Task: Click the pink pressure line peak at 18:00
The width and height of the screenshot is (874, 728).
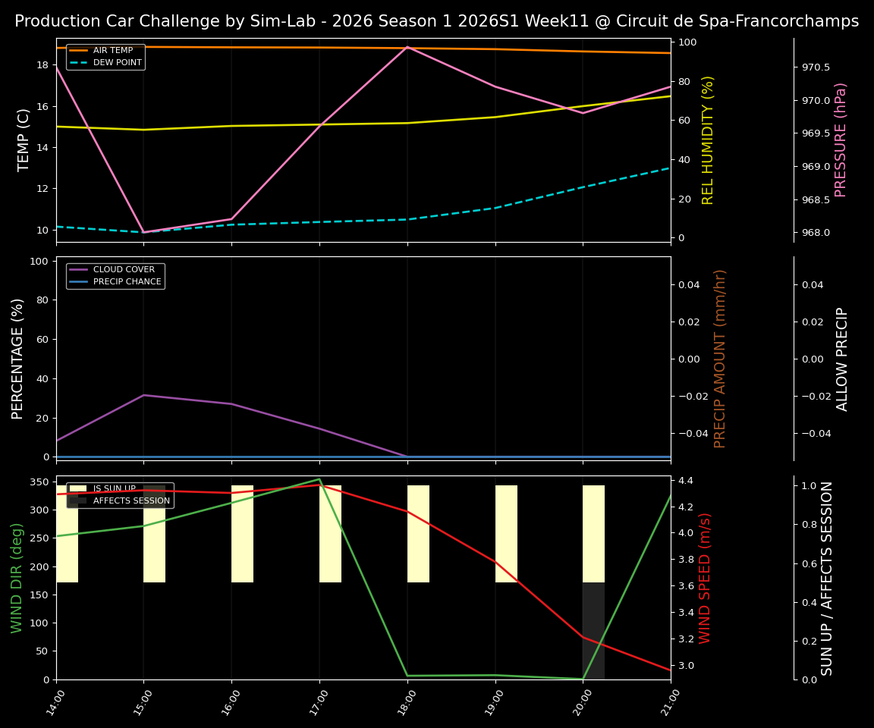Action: point(407,47)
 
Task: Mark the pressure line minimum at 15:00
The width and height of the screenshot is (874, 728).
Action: point(143,232)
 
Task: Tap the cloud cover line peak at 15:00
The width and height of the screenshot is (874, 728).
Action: point(143,395)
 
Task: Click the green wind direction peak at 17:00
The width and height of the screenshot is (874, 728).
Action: point(319,479)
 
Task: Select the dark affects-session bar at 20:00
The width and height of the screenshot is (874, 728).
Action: point(593,630)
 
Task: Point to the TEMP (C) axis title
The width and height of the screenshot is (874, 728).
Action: point(24,140)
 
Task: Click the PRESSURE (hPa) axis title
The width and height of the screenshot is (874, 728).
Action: point(841,140)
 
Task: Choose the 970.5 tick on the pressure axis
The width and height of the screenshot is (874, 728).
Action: point(816,67)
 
